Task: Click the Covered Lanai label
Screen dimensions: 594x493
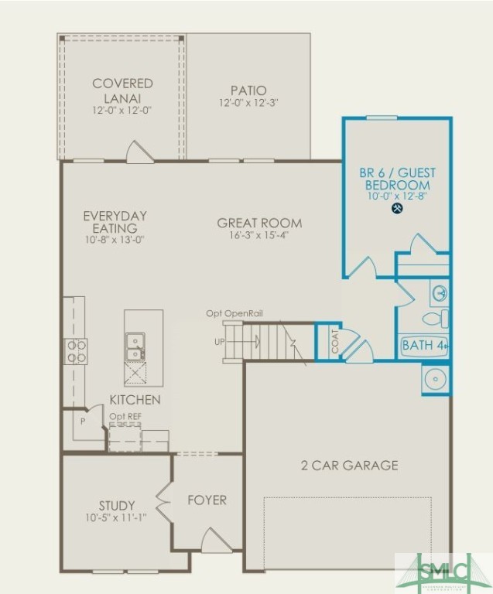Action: [x=122, y=90]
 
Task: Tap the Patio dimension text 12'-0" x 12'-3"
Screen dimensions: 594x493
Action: [x=248, y=103]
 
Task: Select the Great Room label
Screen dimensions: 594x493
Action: [x=259, y=223]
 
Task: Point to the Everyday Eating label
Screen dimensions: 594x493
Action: [x=115, y=222]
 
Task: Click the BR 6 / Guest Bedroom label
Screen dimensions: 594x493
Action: [x=398, y=179]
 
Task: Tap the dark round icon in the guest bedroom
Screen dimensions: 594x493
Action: [x=398, y=208]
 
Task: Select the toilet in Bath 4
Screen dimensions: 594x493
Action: [x=435, y=319]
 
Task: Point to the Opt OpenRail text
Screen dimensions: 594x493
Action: [x=235, y=313]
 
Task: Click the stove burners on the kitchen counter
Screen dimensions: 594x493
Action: [x=76, y=351]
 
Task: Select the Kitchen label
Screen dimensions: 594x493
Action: [x=135, y=400]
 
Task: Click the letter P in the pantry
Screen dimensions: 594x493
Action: [x=82, y=423]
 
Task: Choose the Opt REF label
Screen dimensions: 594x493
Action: [x=125, y=417]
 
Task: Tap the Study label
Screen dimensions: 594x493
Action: [x=117, y=506]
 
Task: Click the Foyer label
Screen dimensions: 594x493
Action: [x=207, y=500]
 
